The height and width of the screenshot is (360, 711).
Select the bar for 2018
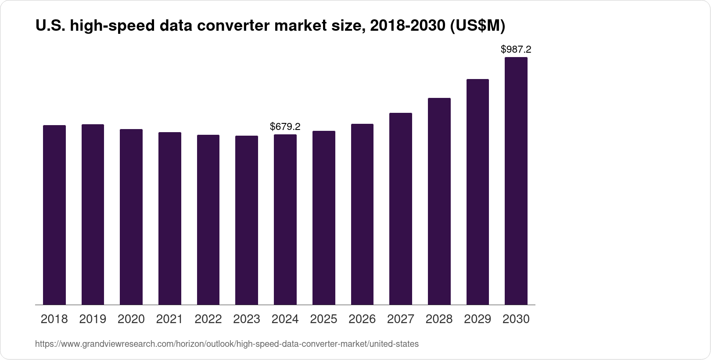(54, 215)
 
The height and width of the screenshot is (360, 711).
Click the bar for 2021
(170, 219)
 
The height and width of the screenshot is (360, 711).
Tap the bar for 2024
(285, 220)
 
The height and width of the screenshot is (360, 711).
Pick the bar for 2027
(401, 209)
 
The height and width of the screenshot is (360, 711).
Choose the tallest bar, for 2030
(516, 181)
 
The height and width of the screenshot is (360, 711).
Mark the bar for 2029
(478, 192)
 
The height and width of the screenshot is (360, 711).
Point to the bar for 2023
(247, 220)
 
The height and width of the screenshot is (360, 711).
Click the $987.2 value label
(516, 49)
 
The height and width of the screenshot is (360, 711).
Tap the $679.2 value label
(285, 127)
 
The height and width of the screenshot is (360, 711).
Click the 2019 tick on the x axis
(93, 319)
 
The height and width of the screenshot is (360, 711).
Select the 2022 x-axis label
(208, 319)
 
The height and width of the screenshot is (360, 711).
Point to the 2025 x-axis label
(323, 319)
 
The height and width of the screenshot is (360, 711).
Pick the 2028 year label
(439, 319)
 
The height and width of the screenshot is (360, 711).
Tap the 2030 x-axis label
(516, 319)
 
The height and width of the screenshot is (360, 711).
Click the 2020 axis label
(131, 319)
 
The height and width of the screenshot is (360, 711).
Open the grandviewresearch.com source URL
(226, 344)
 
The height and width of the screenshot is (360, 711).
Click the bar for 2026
(362, 214)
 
